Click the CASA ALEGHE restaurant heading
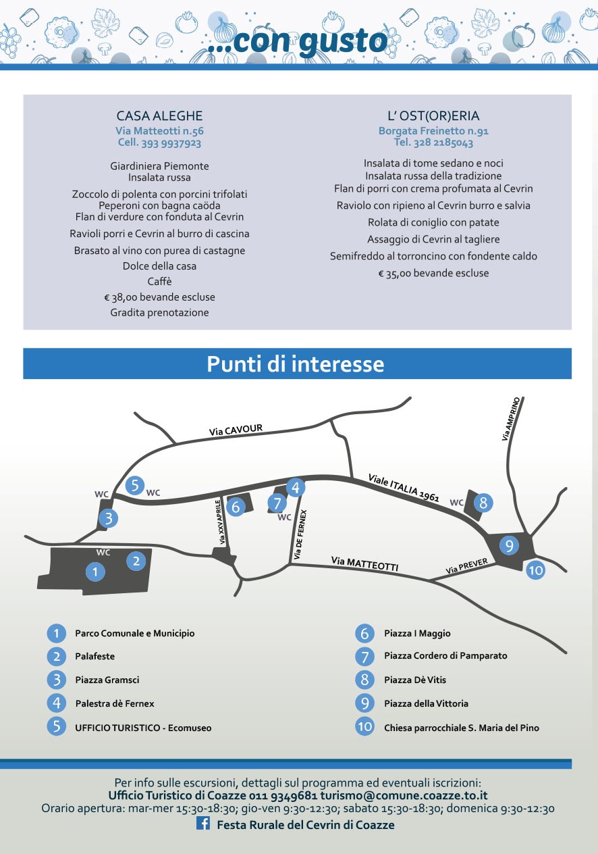point(159,116)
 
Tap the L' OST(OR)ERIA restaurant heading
point(433,116)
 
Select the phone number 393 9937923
point(171,143)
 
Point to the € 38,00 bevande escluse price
point(159,297)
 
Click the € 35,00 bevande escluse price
point(433,273)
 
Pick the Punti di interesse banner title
point(296,363)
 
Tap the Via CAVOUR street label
point(236,430)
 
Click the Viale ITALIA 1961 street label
point(404,488)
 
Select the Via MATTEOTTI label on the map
point(364,563)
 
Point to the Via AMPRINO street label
point(511,419)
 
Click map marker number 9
point(510,545)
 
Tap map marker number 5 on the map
point(135,485)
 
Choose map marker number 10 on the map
point(535,570)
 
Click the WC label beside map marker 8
point(456,503)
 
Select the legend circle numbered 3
point(57,680)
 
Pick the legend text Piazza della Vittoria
point(426,703)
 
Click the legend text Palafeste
point(95,656)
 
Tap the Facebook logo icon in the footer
point(203,823)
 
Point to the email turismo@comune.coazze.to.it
point(404,796)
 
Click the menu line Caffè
point(159,281)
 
